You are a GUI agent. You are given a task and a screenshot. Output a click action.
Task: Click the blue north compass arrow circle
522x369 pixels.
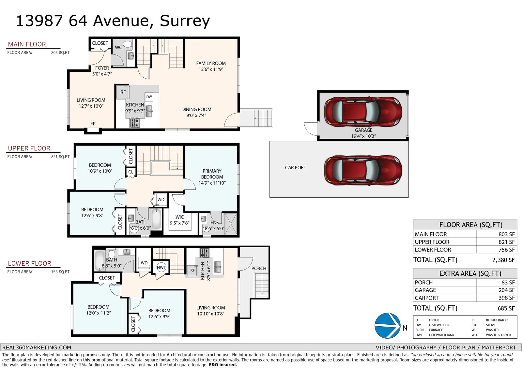tap(387, 326)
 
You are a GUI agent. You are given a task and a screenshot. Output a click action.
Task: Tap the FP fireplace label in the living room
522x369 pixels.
tap(93, 124)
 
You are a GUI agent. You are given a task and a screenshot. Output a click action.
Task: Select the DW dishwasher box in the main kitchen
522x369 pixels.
tap(149, 97)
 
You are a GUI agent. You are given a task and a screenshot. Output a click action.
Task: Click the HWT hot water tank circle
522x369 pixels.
tap(161, 267)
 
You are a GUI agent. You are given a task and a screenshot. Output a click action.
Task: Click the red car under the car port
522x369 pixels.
tap(363, 170)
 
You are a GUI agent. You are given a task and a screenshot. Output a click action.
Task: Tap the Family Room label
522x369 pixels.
tap(211, 63)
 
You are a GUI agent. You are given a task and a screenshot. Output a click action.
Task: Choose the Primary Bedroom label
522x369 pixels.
tap(212, 174)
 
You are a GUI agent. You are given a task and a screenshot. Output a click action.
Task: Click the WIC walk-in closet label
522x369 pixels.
tap(179, 217)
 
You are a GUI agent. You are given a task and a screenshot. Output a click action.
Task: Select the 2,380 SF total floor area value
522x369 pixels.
tap(503, 260)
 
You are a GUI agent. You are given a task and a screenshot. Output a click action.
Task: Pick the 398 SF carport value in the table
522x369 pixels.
tap(506, 298)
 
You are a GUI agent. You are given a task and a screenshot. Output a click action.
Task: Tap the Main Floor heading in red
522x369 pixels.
tap(27, 44)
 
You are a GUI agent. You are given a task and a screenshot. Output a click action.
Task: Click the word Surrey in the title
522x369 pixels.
tap(185, 21)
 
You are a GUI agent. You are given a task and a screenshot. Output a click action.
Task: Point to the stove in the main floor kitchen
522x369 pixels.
tap(135, 123)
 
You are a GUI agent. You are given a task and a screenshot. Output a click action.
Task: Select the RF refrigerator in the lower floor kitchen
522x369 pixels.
tap(192, 270)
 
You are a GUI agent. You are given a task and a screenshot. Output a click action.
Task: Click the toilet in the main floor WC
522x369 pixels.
tap(128, 44)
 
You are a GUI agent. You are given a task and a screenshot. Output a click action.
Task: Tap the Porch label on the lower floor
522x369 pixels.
tap(259, 269)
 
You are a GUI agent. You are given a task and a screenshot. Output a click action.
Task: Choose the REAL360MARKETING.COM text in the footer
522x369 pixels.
tap(37, 347)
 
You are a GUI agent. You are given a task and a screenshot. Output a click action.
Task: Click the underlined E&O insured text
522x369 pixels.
tap(223, 365)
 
